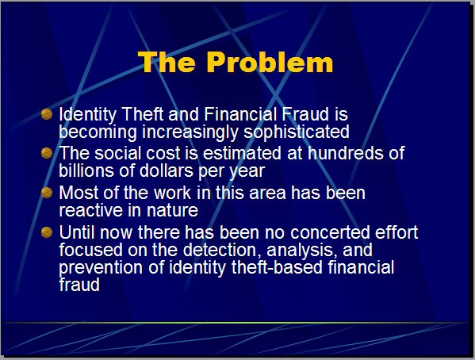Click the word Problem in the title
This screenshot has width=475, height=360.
point(270,62)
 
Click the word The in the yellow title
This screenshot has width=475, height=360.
point(167,62)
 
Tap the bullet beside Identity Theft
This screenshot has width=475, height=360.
point(47,114)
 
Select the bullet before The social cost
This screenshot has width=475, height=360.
point(47,153)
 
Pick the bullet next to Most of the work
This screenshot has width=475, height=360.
point(47,193)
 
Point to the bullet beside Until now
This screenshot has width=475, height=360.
point(47,232)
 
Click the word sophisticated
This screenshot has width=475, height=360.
point(297,132)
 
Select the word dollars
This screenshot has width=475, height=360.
point(167,170)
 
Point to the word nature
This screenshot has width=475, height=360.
point(172,211)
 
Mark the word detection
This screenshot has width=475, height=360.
point(222,250)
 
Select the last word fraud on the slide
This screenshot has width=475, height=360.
point(79,285)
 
